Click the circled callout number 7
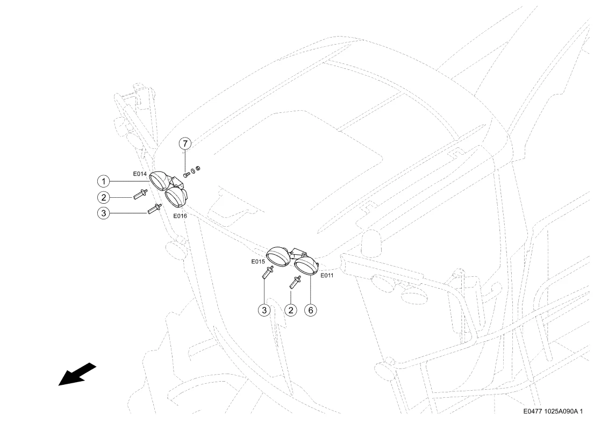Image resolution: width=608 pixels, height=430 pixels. pos(185,144)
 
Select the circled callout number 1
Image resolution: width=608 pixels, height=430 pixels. pos(103,181)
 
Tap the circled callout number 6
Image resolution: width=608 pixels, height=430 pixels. pos(311,310)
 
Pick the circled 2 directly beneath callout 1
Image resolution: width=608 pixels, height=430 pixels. pos(103,197)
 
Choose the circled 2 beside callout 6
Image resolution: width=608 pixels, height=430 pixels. pos(290,310)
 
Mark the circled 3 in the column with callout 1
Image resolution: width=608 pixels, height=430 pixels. pos(103,213)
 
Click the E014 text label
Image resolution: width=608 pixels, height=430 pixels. pos(140,174)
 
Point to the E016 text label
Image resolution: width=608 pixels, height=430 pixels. pos(180,216)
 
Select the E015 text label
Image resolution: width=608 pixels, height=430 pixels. pos(258,261)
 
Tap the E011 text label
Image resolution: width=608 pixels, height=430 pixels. pos(327,275)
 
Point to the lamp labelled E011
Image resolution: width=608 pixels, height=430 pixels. pos(306,266)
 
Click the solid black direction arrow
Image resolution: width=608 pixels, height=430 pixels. pos(77,374)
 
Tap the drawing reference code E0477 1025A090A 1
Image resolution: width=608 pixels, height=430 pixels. pos(553,411)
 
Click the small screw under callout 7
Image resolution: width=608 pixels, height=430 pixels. pos(186,175)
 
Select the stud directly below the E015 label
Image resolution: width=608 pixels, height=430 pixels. pos(268,272)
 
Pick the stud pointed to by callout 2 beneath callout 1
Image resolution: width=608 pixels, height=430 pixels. pos(140,193)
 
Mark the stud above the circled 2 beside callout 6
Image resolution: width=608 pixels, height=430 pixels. pos(296,282)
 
